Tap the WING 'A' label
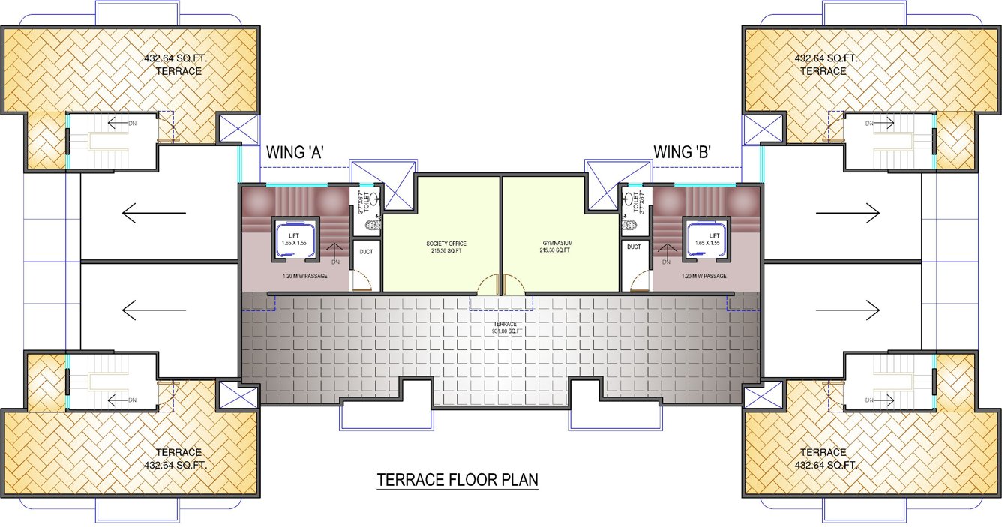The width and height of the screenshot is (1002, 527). click(296, 152)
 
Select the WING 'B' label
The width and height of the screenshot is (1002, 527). click(682, 152)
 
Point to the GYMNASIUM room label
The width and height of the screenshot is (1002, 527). click(555, 248)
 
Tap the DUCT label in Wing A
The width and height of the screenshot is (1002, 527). click(367, 252)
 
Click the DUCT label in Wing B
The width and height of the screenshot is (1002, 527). click(634, 247)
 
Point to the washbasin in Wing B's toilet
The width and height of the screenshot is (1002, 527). click(626, 223)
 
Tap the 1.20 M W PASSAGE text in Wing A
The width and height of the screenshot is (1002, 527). click(296, 277)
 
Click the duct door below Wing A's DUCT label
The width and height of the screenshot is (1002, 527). click(361, 280)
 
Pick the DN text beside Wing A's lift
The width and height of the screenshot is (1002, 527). click(336, 262)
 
